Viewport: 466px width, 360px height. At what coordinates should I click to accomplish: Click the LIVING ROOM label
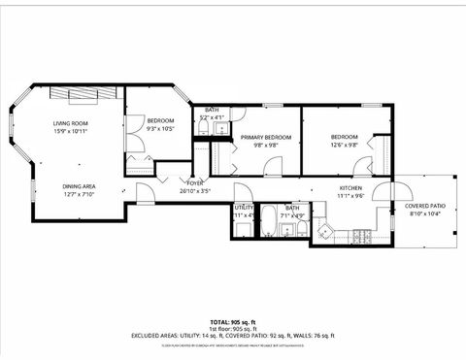(x=72, y=123)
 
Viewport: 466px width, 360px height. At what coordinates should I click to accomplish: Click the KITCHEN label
(x=350, y=187)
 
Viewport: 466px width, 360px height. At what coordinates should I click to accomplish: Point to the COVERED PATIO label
(x=425, y=206)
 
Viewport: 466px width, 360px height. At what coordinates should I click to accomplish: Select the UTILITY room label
(x=244, y=207)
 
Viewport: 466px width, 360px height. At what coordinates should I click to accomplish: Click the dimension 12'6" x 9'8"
(x=345, y=146)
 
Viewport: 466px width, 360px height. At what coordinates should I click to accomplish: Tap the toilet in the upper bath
(x=205, y=129)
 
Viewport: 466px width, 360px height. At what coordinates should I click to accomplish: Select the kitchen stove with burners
(x=363, y=236)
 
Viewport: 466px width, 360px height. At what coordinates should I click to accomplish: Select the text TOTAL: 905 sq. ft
(x=233, y=320)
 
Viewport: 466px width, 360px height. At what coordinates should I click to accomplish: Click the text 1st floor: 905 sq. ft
(x=233, y=328)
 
